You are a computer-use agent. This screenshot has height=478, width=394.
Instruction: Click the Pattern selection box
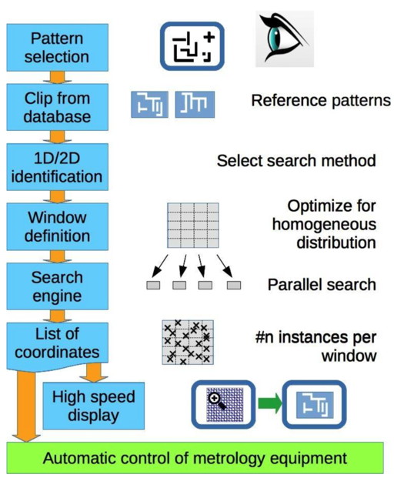pyautogui.click(x=56, y=47)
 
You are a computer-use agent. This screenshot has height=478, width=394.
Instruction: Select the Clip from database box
pyautogui.click(x=56, y=107)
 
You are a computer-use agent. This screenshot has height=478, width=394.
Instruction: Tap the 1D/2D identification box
pyautogui.click(x=56, y=167)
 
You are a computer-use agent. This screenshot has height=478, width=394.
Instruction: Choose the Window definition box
pyautogui.click(x=56, y=226)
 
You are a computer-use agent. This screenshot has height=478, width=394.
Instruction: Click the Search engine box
pyautogui.click(x=56, y=286)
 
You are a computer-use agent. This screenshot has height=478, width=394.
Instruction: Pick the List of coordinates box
pyautogui.click(x=56, y=344)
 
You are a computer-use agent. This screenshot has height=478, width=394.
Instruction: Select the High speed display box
pyautogui.click(x=93, y=406)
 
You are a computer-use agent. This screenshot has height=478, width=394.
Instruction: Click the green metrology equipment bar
pyautogui.click(x=195, y=459)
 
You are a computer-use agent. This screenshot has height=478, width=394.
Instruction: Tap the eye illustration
pyautogui.click(x=284, y=38)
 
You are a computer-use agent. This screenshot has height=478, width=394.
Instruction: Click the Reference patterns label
pyautogui.click(x=320, y=102)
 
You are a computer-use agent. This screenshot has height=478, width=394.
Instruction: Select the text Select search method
pyautogui.click(x=296, y=161)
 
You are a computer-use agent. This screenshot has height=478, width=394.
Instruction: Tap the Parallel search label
pyautogui.click(x=322, y=285)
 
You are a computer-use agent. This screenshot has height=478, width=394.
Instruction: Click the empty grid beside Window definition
pyautogui.click(x=192, y=223)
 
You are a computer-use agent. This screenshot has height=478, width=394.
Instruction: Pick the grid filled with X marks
pyautogui.click(x=187, y=342)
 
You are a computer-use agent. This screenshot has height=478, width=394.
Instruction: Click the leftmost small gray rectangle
pyautogui.click(x=154, y=286)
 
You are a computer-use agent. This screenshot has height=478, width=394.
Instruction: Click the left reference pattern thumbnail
pyautogui.click(x=149, y=104)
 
